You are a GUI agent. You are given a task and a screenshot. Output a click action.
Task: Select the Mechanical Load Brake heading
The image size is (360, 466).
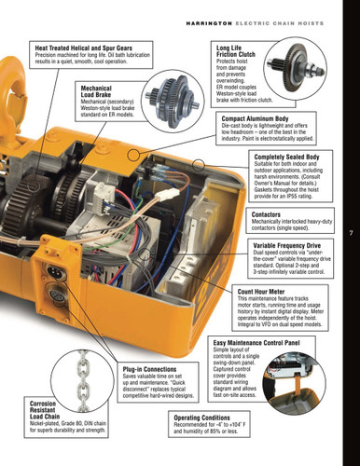tap(103, 90)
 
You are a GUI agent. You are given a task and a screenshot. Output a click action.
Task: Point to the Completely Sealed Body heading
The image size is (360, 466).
tap(293, 158)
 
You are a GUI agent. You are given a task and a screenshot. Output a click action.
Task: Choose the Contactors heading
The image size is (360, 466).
tap(272, 212)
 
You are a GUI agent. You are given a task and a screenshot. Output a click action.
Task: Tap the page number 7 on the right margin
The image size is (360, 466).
tap(351, 233)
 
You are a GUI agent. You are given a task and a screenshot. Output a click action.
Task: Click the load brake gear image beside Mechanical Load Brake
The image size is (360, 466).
tap(173, 91)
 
